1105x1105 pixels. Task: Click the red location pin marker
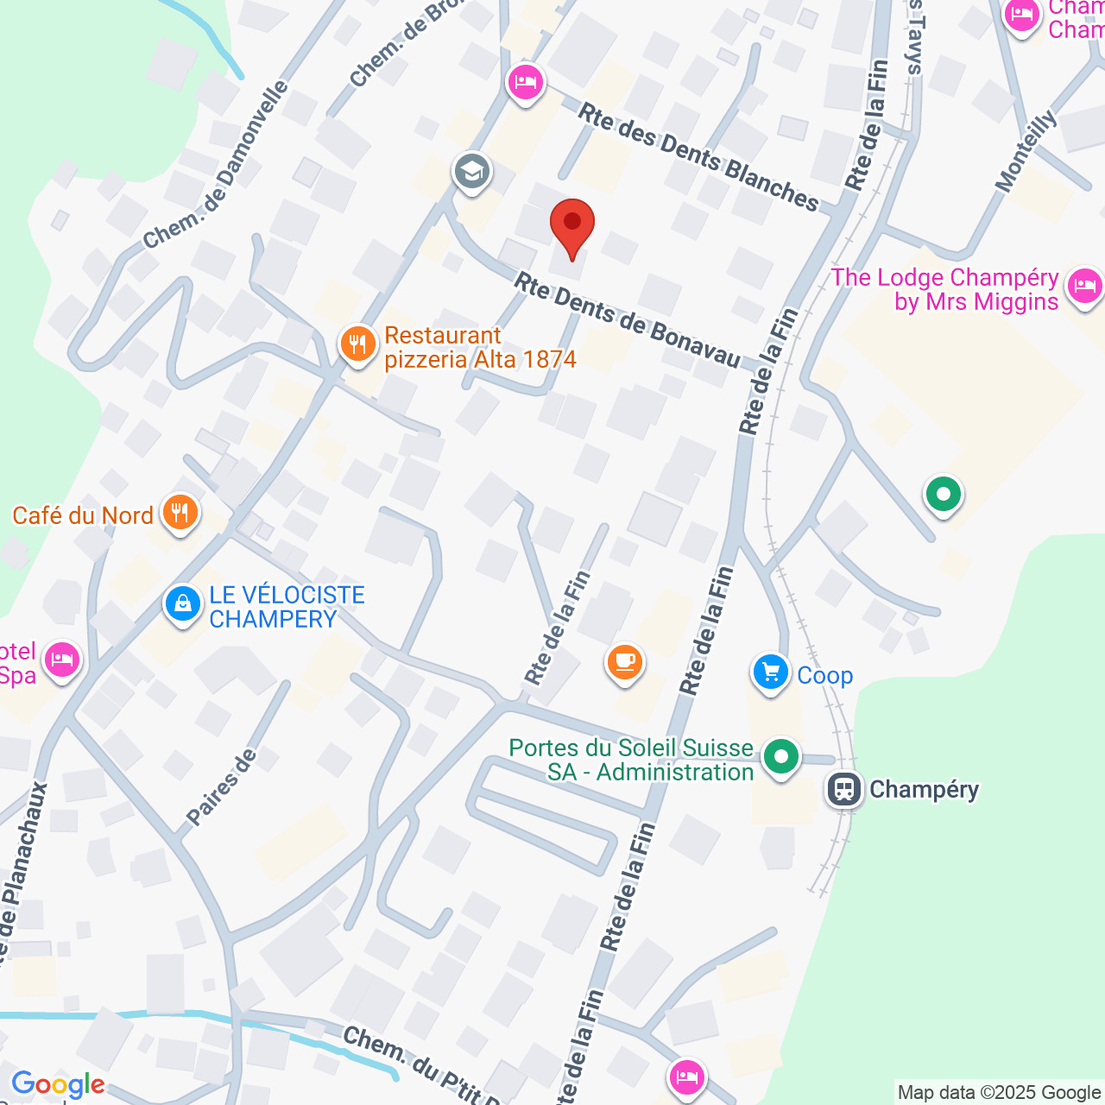571,226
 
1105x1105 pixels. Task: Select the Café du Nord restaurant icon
180,514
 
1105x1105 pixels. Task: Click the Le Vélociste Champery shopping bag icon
183,604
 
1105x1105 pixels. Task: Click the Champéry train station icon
843,789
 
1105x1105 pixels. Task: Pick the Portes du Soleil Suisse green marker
781,758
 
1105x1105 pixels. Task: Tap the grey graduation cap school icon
471,171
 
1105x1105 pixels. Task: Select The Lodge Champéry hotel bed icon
1084,287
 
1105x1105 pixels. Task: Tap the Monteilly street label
1026,151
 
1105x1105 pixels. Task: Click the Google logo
59,1084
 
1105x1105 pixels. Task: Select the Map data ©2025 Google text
999,1093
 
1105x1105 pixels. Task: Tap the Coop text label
824,675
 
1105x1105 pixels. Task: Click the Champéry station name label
924,789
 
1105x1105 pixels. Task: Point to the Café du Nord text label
83,515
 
